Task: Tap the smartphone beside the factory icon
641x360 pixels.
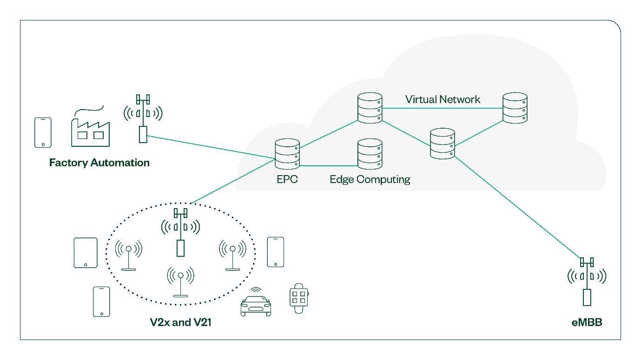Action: click(43, 132)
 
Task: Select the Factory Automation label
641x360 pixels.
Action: click(99, 163)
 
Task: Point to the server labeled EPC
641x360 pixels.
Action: click(287, 154)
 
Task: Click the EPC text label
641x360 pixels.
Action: click(287, 179)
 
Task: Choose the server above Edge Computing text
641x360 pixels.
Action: click(370, 154)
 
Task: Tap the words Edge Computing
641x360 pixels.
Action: click(370, 179)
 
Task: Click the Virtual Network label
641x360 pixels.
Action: click(443, 99)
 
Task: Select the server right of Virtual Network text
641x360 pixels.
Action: click(515, 108)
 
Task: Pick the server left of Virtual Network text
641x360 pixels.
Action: click(370, 108)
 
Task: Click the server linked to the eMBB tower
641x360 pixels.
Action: click(443, 144)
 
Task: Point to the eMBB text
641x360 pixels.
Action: click(587, 322)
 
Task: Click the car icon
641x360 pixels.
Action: click(256, 304)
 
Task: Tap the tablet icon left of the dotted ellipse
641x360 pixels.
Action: click(86, 253)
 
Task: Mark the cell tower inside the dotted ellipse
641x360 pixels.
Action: click(180, 232)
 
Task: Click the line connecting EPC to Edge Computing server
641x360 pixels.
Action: click(328, 165)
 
